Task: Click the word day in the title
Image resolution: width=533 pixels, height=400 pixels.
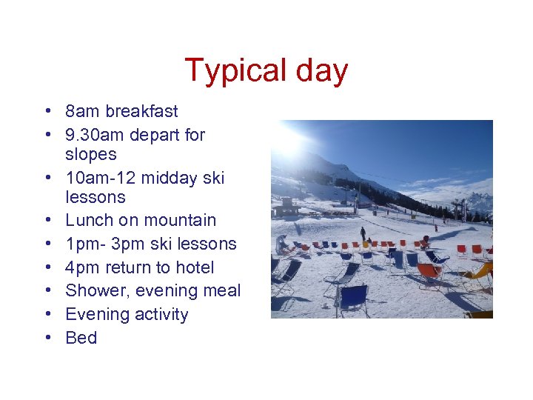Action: point(321,71)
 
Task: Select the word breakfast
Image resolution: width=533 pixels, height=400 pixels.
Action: point(141,112)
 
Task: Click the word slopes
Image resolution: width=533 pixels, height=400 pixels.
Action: point(91,154)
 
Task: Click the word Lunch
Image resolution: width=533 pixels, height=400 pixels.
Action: point(89,220)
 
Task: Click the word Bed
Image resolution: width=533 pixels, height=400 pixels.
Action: point(81,338)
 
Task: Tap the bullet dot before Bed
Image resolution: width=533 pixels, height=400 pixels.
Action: point(47,338)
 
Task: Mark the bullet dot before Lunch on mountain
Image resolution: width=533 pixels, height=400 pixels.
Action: point(47,221)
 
